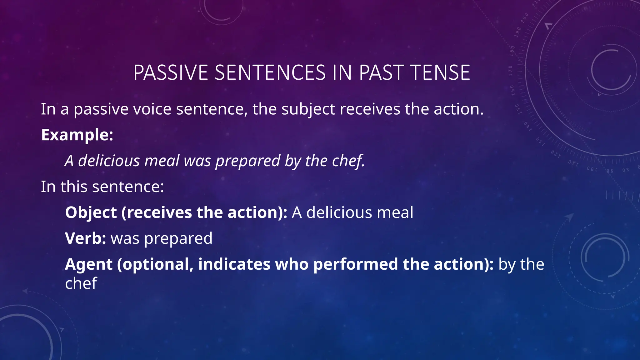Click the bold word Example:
[77, 135]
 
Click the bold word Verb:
[86, 238]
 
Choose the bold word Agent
[88, 264]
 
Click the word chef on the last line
[81, 283]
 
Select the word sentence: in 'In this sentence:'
[128, 187]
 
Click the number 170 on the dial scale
[511, 71]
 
